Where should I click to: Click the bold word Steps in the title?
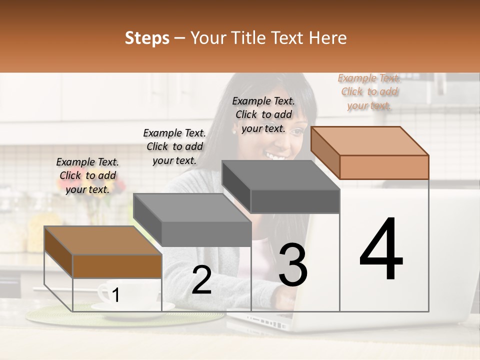click(x=147, y=38)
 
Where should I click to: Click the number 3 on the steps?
click(x=293, y=264)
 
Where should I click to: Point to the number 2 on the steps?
click(x=201, y=279)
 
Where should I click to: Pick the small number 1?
click(x=115, y=295)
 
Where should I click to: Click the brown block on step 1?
click(x=103, y=251)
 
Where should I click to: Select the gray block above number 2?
click(x=192, y=220)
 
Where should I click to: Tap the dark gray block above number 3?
click(x=280, y=186)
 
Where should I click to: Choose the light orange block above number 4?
click(x=370, y=153)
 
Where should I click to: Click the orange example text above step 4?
click(x=369, y=92)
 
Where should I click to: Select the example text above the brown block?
click(x=87, y=175)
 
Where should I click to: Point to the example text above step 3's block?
click(x=263, y=114)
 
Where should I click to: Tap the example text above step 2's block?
click(x=174, y=146)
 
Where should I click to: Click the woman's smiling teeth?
click(x=275, y=156)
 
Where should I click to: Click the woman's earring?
click(x=234, y=132)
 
